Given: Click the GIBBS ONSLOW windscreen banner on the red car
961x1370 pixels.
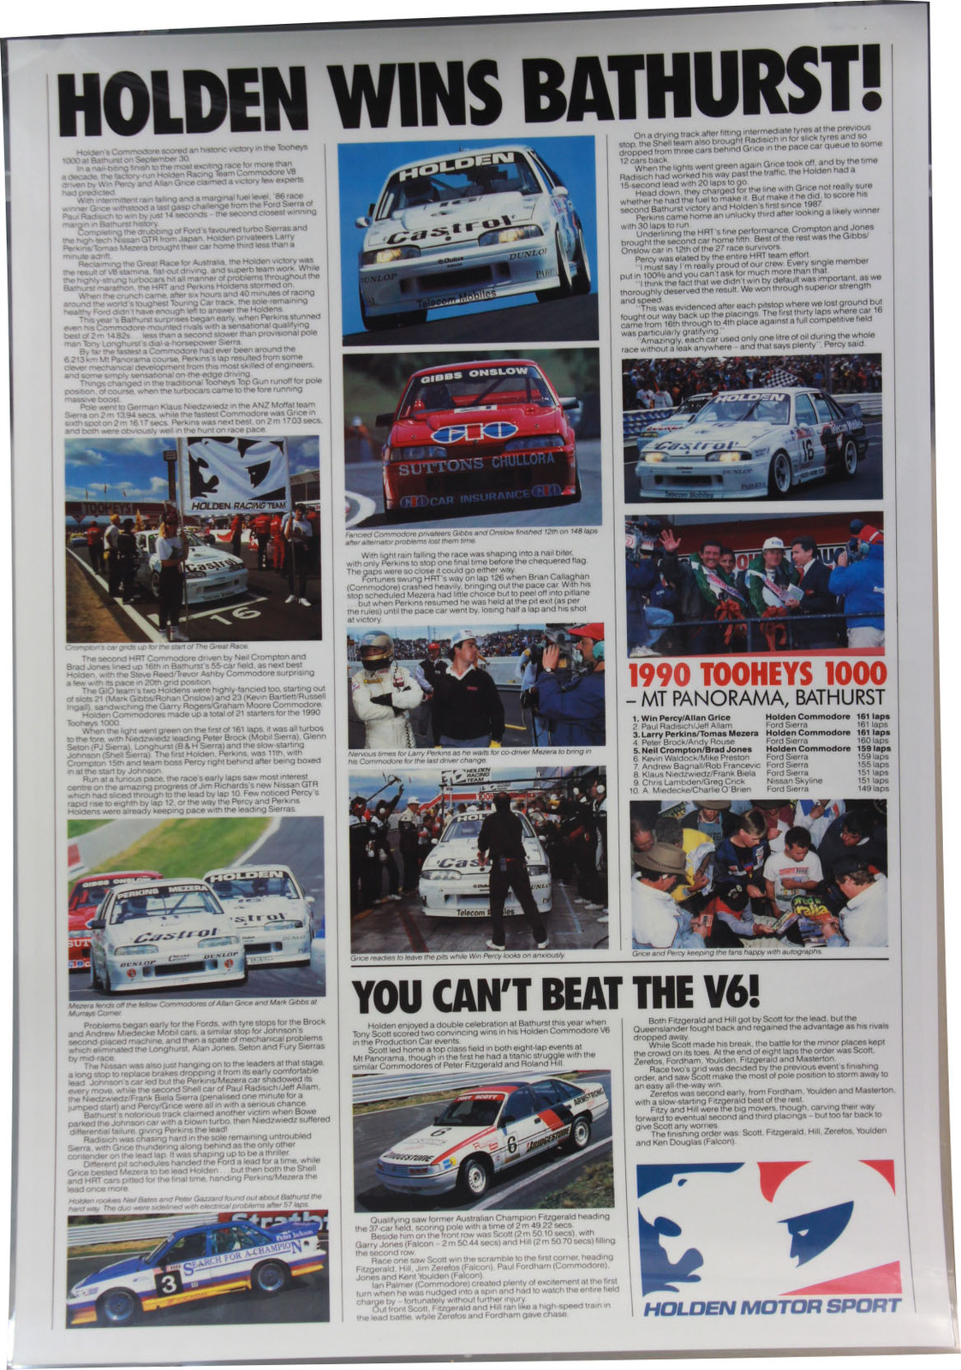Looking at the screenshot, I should (x=474, y=372).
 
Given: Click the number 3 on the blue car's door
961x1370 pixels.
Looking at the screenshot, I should (x=168, y=1282).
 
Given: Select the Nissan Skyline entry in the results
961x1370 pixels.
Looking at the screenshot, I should (x=794, y=781).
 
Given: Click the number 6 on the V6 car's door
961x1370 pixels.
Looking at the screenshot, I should (x=511, y=1144).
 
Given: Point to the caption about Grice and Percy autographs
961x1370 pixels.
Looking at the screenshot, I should (x=726, y=951).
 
